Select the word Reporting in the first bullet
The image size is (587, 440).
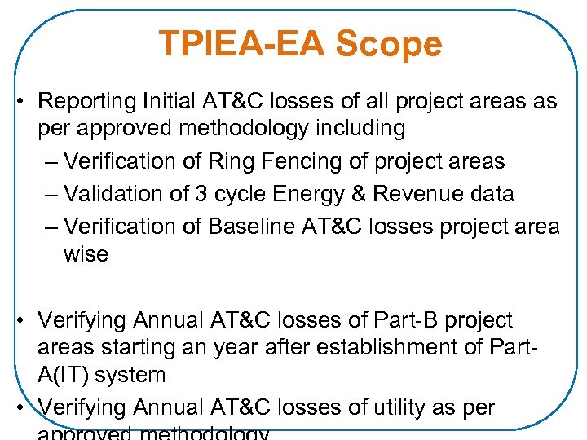[x=87, y=102]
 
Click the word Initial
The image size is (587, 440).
[x=167, y=102]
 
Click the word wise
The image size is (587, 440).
[x=86, y=254]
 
